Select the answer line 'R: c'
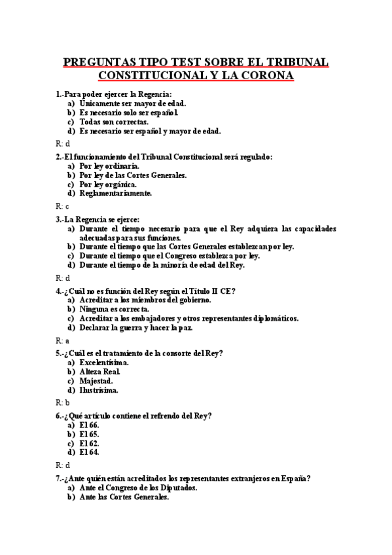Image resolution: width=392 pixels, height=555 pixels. tap(62, 206)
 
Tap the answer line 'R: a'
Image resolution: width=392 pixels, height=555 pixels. tap(62, 340)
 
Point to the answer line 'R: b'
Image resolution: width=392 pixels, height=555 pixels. tap(62, 403)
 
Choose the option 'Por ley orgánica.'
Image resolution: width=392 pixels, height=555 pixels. tap(107, 184)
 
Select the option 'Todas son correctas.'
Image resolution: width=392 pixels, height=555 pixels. tap(114, 121)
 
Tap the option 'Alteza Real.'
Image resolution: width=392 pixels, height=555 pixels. tap(99, 371)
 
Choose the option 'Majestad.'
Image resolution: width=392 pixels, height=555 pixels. tap(96, 380)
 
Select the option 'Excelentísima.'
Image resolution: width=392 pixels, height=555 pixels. tap(103, 362)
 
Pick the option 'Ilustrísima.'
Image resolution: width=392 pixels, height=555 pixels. tap(99, 389)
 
